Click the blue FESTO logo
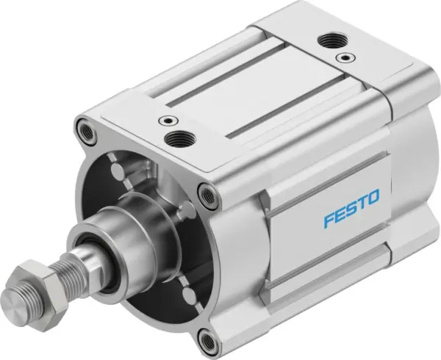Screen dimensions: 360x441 pyautogui.click(x=351, y=201)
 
